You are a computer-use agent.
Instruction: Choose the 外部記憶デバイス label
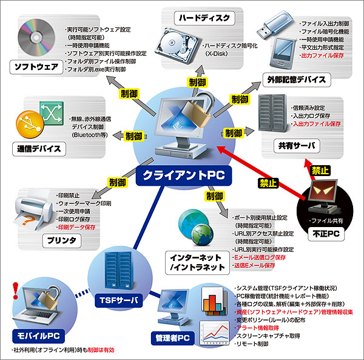click(296, 80)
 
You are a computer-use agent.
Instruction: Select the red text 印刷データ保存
click(75, 226)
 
